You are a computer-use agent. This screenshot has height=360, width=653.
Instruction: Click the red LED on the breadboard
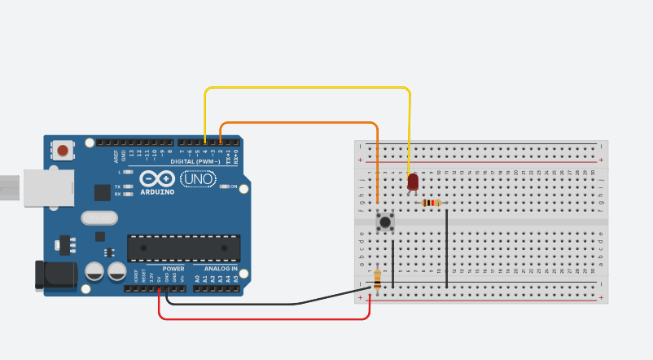click(x=413, y=182)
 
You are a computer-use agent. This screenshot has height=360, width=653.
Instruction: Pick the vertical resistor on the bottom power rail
click(x=377, y=279)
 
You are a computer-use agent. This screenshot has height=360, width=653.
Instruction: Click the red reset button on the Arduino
click(x=63, y=150)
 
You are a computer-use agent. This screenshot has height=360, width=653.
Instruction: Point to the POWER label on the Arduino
click(x=173, y=268)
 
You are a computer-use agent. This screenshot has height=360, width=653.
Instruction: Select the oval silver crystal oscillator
click(x=100, y=217)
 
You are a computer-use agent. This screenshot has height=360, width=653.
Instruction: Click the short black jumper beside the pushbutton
click(x=393, y=261)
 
